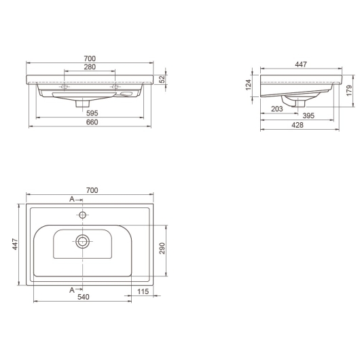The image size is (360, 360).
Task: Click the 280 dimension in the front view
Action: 90,67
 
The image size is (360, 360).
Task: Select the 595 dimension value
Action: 92,113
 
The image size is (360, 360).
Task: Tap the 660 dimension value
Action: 92,122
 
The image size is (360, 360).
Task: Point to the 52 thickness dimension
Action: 162,79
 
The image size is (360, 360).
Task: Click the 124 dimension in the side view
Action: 249,85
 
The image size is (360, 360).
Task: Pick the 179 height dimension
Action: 349,90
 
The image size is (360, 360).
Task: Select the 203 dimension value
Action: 277,109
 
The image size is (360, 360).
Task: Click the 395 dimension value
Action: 308,115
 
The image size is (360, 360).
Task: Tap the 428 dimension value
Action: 298,125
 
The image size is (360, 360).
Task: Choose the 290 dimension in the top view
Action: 162,248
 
